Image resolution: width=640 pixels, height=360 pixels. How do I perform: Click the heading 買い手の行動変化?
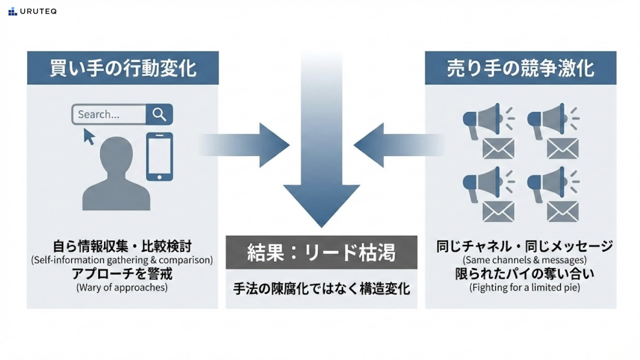coord(123,68)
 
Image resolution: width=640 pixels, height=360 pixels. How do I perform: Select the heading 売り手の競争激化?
coord(520,68)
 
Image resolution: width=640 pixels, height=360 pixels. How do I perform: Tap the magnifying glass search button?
coord(159,114)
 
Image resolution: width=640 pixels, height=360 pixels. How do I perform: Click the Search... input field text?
coord(99,114)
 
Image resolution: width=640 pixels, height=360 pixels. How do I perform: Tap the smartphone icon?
coord(160,156)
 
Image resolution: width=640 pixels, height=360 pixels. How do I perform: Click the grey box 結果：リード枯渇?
coord(321,252)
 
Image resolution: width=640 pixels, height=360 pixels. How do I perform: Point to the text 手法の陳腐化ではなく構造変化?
coord(321,289)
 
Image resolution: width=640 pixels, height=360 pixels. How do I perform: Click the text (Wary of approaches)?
coord(122,287)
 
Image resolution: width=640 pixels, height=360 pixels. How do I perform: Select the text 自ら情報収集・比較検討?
coord(122,246)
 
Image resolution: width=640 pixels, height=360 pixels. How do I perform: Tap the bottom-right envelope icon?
coord(563,212)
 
